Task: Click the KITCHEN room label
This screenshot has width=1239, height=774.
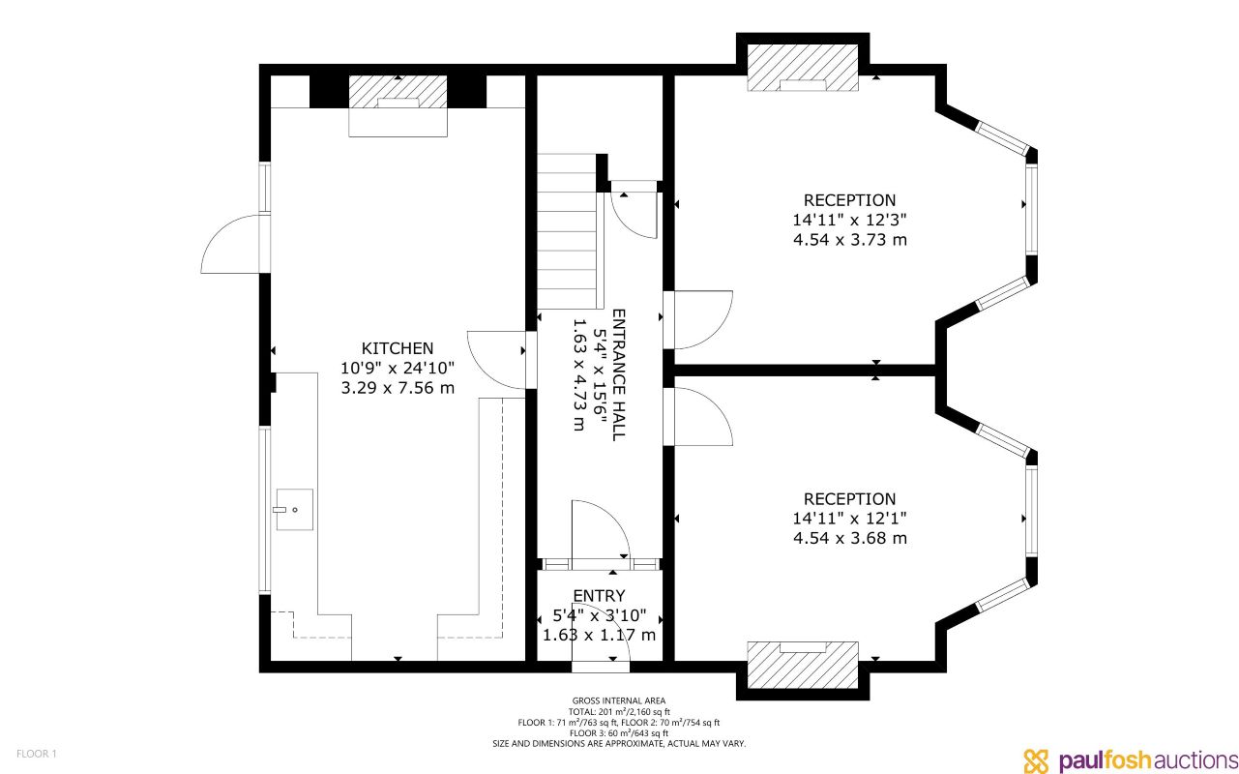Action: point(398,348)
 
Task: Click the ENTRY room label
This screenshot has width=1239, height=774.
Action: point(599,596)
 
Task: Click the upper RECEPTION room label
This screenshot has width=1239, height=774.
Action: point(849,200)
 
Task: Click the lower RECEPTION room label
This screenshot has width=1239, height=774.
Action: point(849,499)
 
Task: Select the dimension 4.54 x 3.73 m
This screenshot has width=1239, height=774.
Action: point(849,240)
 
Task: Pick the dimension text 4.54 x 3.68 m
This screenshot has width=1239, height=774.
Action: point(849,539)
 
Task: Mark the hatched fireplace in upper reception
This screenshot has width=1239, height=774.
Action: point(803,68)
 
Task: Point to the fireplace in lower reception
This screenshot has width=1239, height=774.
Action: point(803,664)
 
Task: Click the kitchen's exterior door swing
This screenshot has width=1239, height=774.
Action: point(232,245)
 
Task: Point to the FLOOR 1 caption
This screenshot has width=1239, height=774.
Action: point(37,753)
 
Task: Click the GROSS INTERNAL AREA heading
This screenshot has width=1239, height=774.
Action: point(619,700)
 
